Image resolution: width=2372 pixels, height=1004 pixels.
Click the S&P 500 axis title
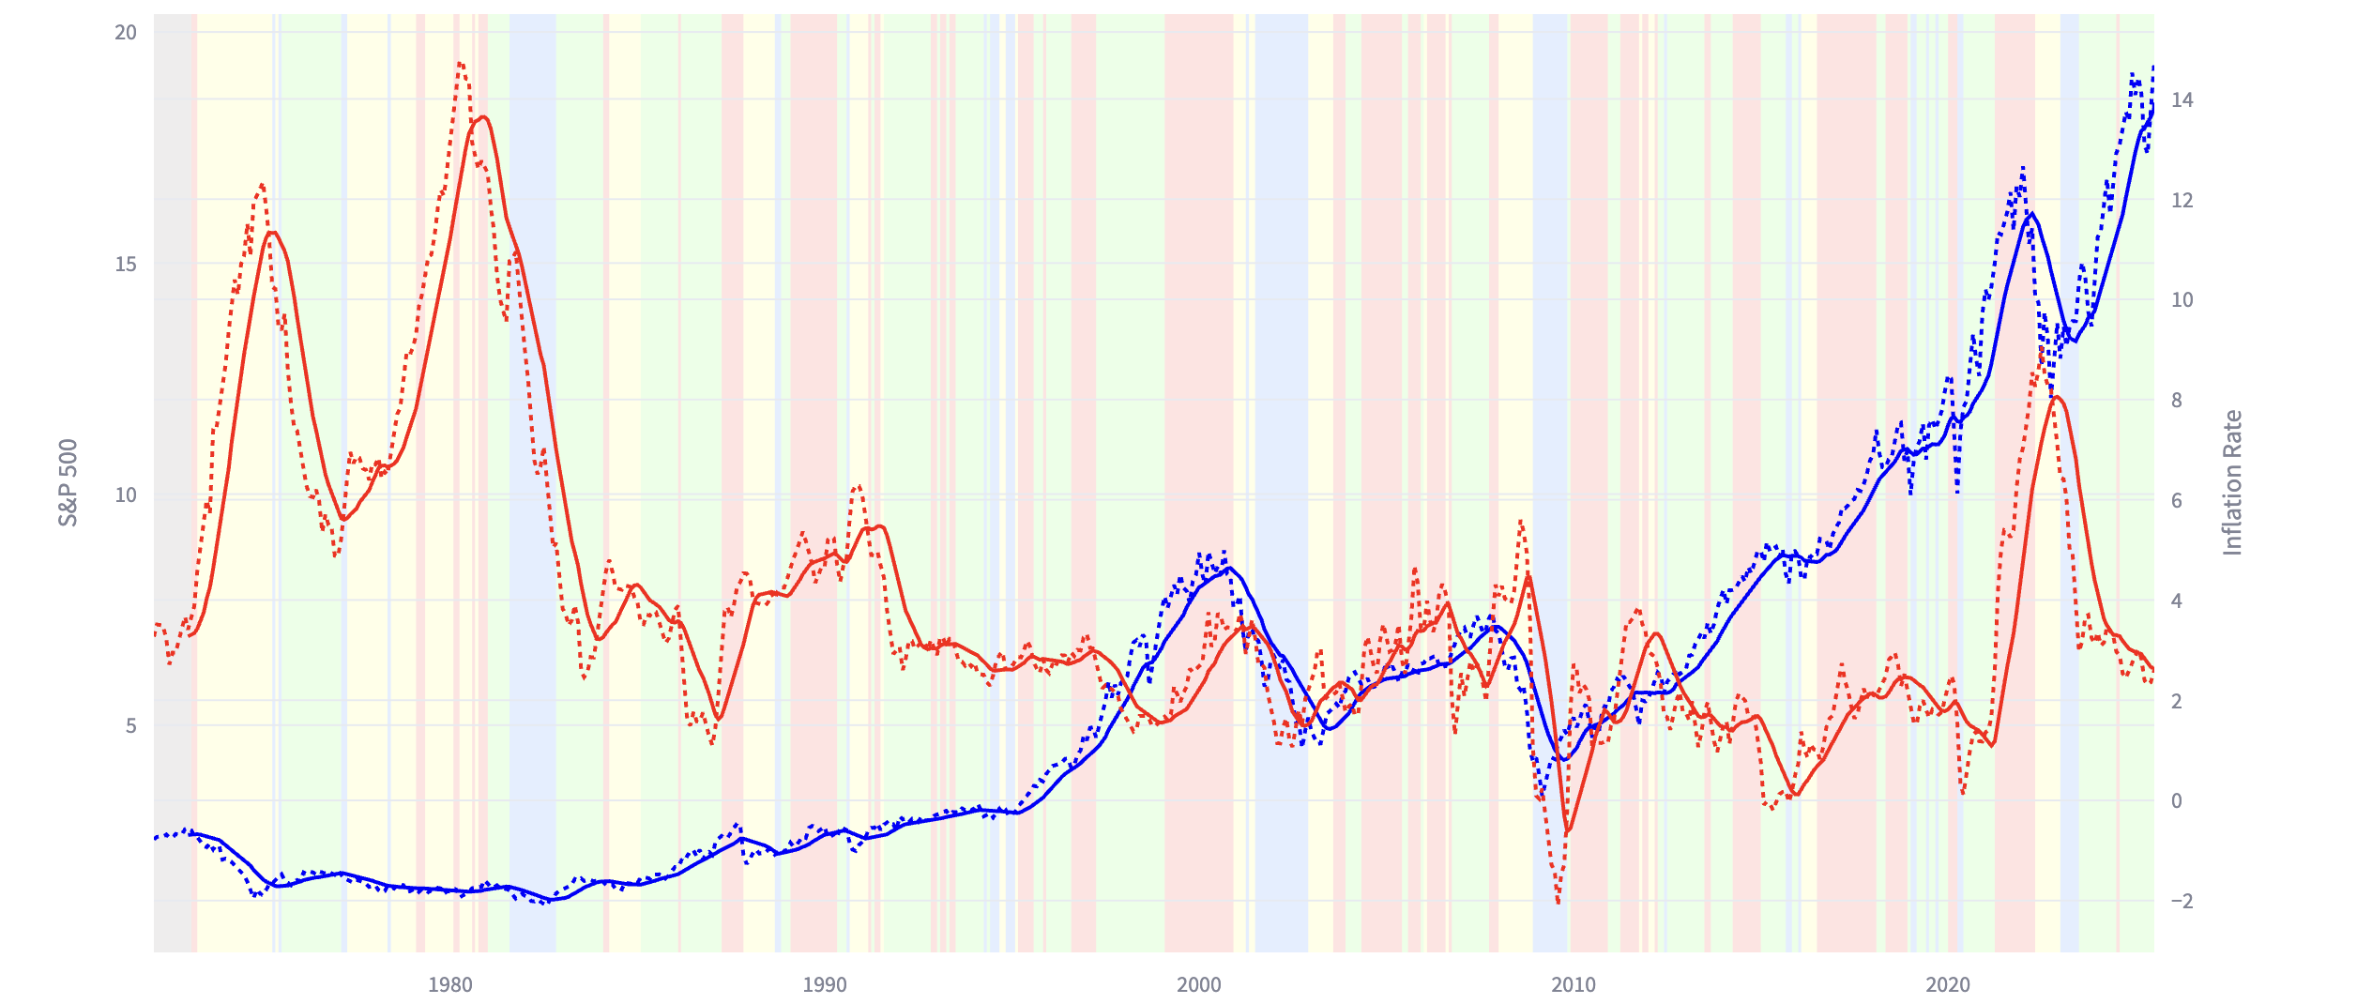[x=68, y=482]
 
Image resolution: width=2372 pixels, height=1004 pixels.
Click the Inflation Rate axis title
[x=2232, y=482]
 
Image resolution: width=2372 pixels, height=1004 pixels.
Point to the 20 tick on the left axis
[x=125, y=33]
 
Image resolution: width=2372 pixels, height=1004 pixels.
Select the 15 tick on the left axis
[x=125, y=265]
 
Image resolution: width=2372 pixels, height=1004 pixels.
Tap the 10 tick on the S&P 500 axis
[x=125, y=495]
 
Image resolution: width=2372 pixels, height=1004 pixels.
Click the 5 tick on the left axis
[x=130, y=726]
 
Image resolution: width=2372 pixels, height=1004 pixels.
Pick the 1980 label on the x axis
[x=449, y=985]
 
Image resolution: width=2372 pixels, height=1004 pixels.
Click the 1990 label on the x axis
[x=824, y=985]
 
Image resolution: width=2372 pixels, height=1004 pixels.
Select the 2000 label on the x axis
[x=1198, y=985]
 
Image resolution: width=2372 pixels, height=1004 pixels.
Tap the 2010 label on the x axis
[x=1573, y=985]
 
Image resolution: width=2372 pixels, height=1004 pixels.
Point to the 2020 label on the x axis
[x=1947, y=985]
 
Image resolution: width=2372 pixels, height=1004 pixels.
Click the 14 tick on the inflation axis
[x=2182, y=100]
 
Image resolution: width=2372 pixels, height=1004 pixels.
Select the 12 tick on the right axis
[x=2182, y=201]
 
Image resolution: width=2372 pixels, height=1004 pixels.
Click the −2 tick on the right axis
[x=2182, y=902]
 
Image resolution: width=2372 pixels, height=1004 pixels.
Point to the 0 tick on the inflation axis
[x=2176, y=801]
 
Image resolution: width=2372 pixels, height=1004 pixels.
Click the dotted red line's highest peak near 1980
[x=460, y=63]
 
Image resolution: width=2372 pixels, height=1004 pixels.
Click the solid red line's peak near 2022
[x=2056, y=397]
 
